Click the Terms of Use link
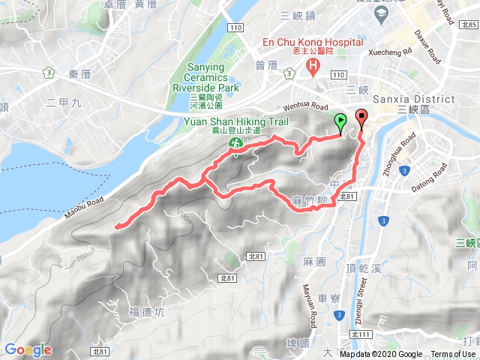click(452, 355)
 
